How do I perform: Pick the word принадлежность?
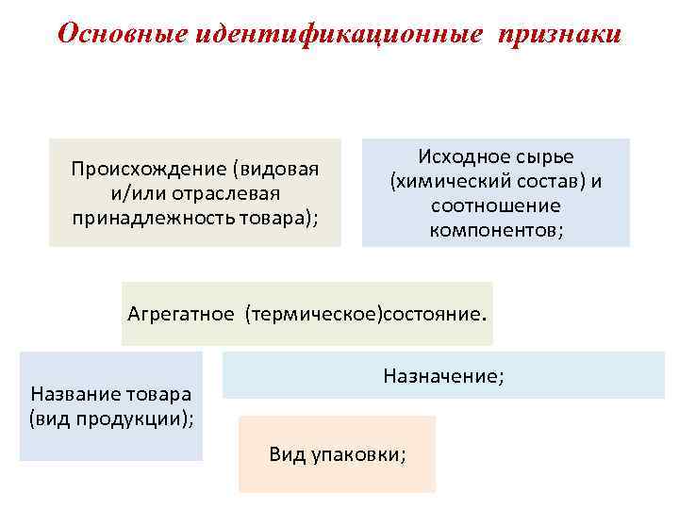(x=147, y=217)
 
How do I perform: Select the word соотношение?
(x=495, y=205)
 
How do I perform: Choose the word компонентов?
(x=494, y=229)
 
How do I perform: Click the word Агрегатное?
(x=180, y=314)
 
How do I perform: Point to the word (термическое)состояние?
(x=366, y=314)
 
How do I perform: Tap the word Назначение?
(x=440, y=376)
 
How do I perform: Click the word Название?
(x=69, y=393)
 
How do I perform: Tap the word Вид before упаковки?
(x=287, y=454)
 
